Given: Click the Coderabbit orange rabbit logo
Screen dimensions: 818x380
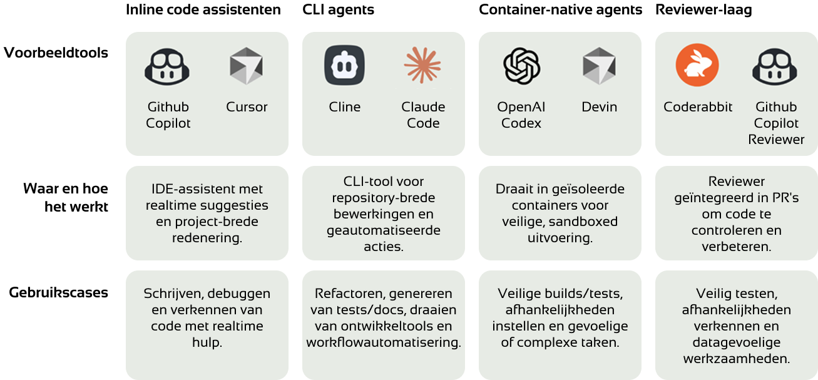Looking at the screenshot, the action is coord(697,65).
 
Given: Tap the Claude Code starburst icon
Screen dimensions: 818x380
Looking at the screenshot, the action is coord(422,65).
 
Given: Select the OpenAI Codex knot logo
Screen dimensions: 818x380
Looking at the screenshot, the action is coord(521,66).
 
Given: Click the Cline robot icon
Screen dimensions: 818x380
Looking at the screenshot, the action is coord(344,65).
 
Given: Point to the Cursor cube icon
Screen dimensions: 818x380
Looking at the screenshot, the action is coord(246,66).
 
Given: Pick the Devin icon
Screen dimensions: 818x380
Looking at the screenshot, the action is coord(599,66).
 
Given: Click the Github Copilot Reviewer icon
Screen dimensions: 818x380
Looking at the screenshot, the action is coord(775,66).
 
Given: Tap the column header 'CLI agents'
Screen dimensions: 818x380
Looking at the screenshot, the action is coord(338,10).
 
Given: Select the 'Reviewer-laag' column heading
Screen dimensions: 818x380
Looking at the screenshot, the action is coord(703,10).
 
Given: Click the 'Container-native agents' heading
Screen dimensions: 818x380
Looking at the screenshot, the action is coord(561,10).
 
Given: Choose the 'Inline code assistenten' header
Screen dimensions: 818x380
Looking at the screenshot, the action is coord(203,10).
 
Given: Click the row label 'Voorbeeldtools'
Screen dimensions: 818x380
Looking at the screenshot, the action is coord(56,53).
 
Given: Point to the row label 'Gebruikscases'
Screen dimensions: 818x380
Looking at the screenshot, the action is coord(58,292).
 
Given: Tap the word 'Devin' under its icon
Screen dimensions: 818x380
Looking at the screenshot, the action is coord(599,106).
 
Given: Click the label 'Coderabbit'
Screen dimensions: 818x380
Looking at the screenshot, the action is coord(698,106).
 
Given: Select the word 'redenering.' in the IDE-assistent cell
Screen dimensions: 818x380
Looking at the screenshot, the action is coord(207,238).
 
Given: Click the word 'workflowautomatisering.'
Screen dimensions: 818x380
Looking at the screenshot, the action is coord(384,342).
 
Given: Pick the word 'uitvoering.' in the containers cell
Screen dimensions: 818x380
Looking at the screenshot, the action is coord(560,238).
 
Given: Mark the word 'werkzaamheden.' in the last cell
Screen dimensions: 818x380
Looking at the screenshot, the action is coord(737,359).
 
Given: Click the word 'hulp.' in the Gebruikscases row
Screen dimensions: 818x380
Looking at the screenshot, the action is coord(207,342).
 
